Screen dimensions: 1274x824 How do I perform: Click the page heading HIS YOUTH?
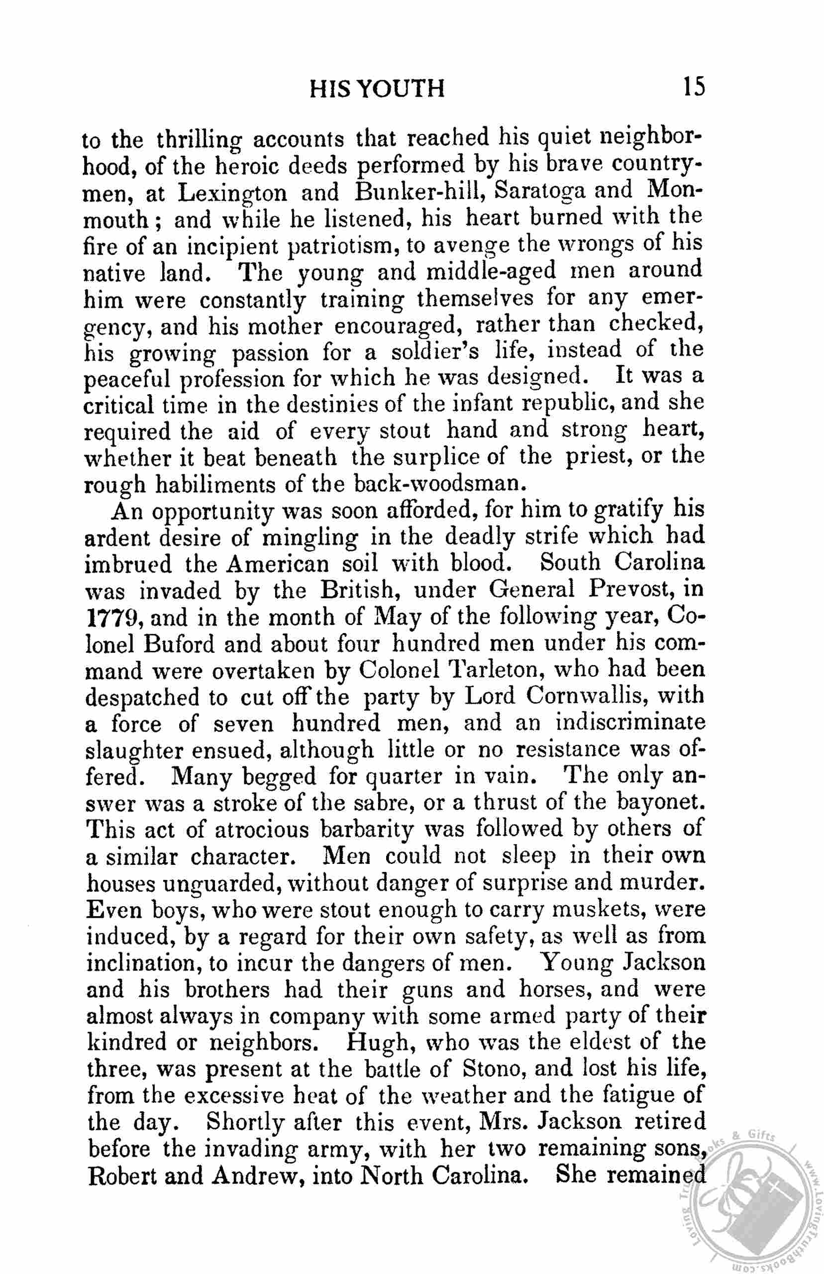(x=377, y=89)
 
